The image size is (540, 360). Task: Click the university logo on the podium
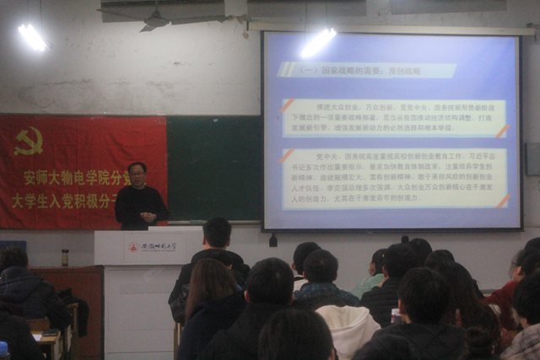[132, 247]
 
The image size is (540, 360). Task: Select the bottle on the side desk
[65, 257]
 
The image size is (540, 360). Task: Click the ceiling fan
[155, 19]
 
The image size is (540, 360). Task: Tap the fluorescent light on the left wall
[33, 35]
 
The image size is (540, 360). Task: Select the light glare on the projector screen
[318, 42]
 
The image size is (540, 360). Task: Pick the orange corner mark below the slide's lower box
[504, 201]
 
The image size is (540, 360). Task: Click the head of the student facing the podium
[217, 233]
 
